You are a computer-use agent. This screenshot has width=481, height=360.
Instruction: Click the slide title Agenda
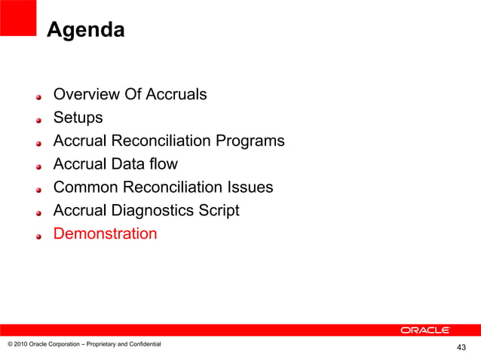pos(85,30)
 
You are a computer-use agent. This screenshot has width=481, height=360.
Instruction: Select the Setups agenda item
pos(78,118)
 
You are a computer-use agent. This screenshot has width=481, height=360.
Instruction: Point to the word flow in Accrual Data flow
pos(162,164)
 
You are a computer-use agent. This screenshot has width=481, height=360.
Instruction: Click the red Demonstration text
pos(105,233)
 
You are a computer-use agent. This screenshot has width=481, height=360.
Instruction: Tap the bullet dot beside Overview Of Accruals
pos(41,97)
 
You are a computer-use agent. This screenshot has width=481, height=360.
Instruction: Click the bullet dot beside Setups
pos(41,120)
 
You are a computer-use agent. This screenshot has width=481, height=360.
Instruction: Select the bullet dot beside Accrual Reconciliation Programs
pos(41,143)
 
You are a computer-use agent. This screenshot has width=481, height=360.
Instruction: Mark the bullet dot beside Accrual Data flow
pos(41,166)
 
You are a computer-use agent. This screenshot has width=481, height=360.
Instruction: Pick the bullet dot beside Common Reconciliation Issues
pos(41,190)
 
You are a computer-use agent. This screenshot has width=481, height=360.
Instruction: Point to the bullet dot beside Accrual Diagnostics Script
pos(41,213)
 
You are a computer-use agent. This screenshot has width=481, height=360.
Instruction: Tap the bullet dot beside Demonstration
pos(41,236)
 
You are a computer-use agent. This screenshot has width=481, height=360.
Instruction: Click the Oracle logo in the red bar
pos(425,330)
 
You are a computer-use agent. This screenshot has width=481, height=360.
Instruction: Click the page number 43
pos(461,347)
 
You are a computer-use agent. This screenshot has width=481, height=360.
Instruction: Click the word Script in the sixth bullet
pos(218,211)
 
